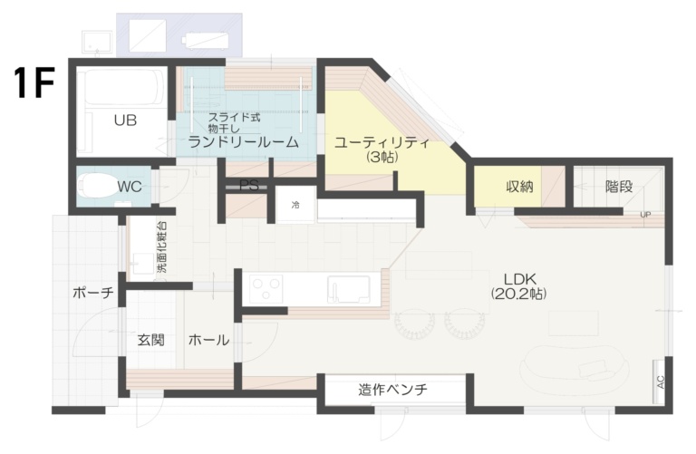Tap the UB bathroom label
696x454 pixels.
(125, 120)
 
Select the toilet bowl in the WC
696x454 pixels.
(95, 187)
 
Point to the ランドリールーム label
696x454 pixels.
(244, 142)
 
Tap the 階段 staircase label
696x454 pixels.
(618, 187)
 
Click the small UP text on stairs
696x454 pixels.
(645, 215)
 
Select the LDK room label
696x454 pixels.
(519, 277)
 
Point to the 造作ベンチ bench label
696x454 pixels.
(391, 391)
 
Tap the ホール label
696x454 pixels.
(208, 341)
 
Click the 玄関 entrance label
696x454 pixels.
(150, 341)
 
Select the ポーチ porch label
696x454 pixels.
(93, 293)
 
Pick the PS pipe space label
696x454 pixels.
(249, 186)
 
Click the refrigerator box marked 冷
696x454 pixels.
(295, 206)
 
